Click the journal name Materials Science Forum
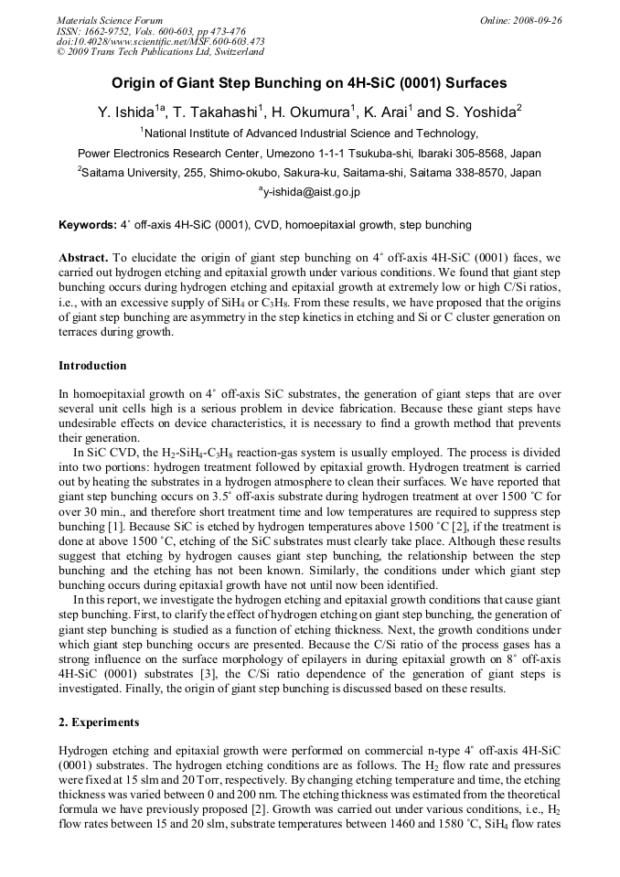click(110, 20)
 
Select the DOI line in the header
click(160, 41)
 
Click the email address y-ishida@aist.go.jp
click(312, 192)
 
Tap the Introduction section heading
click(92, 366)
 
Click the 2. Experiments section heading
click(99, 722)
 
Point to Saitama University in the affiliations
click(129, 172)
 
